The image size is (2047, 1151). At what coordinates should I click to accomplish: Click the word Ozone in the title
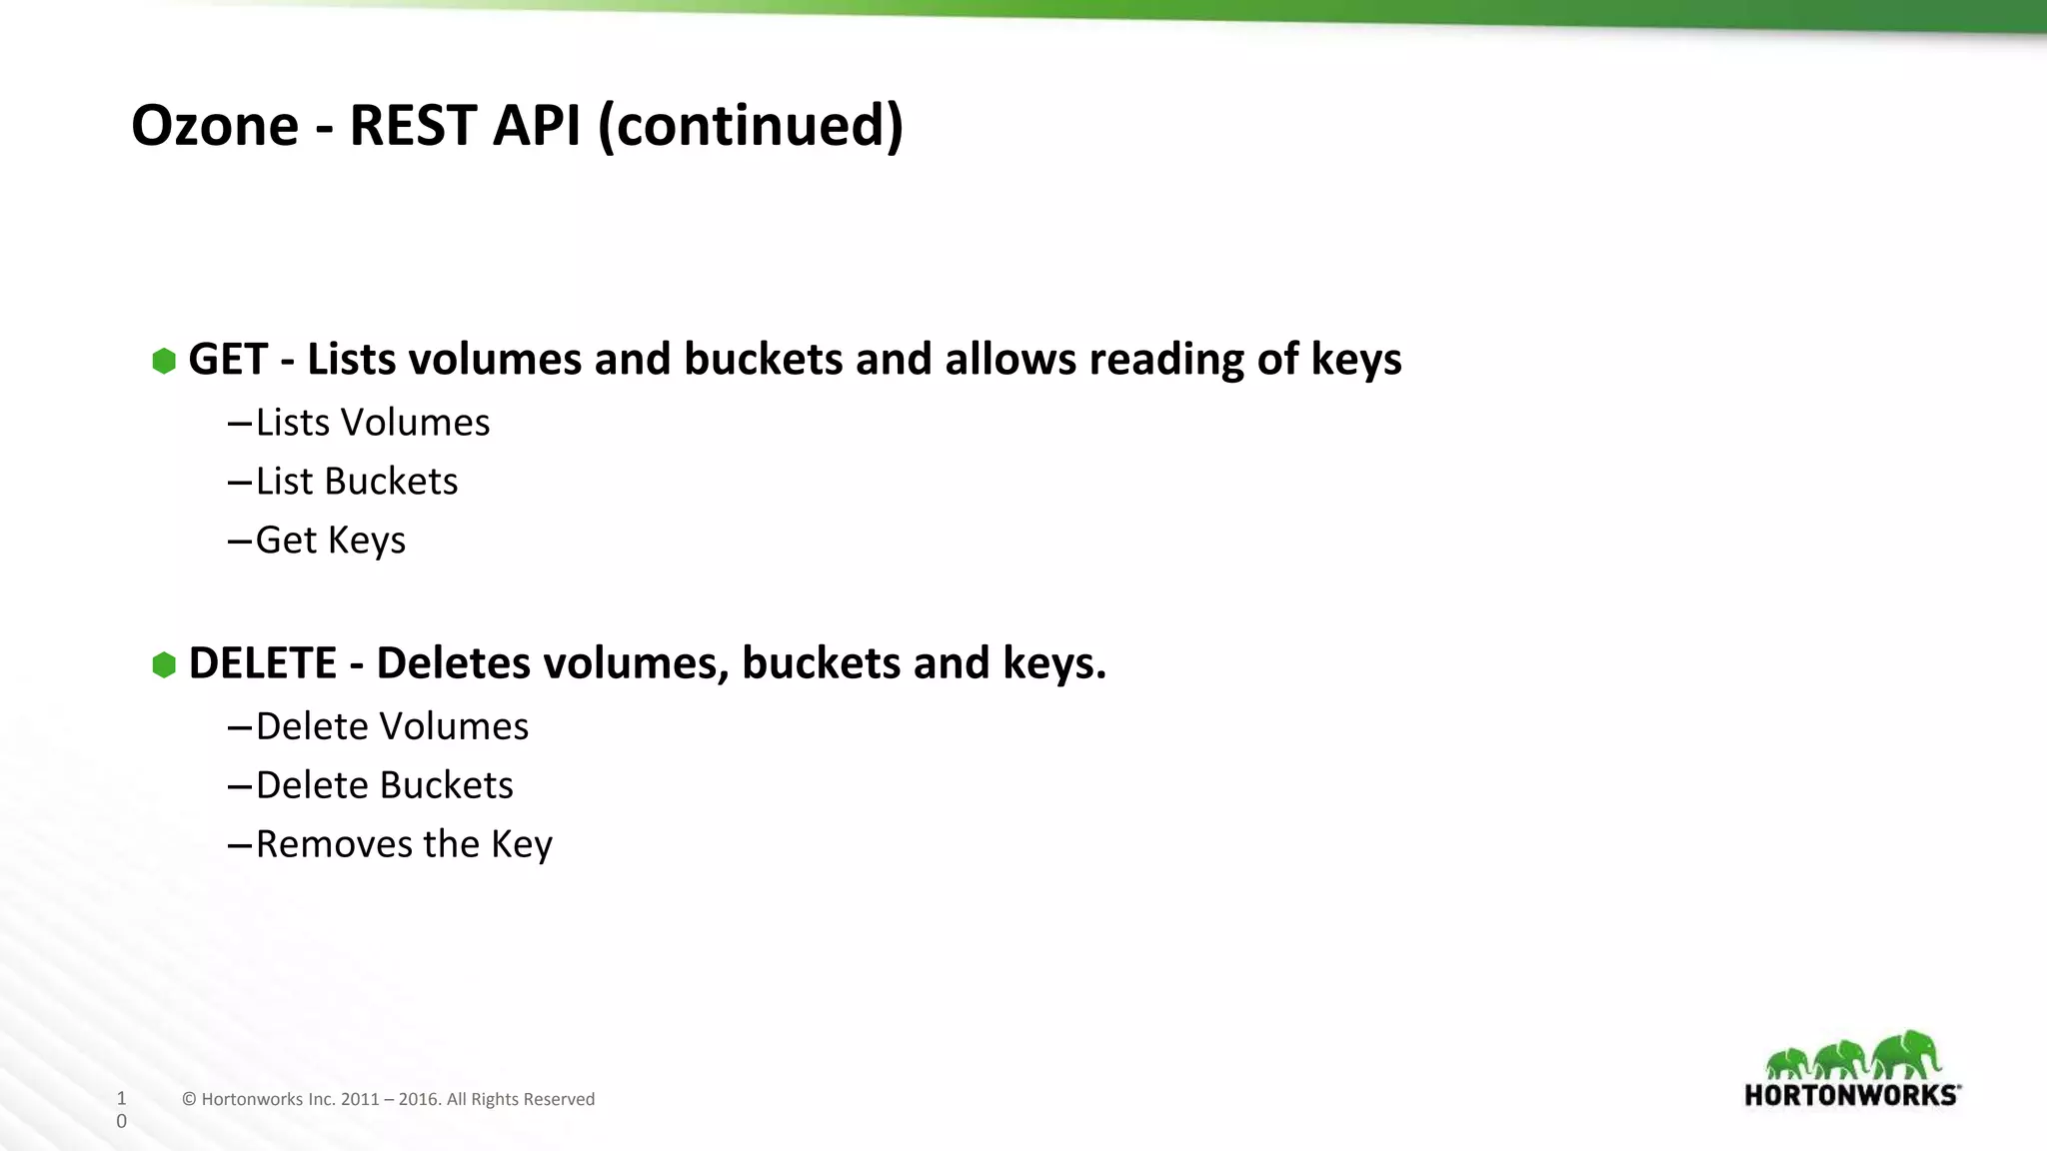point(215,126)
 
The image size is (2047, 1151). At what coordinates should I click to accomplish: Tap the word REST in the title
point(412,126)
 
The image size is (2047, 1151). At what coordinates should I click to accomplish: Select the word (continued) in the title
point(750,126)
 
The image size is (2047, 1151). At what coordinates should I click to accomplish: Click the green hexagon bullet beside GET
point(164,361)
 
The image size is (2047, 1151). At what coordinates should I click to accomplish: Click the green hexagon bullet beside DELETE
point(164,664)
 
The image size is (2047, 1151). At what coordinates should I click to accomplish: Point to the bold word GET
point(228,360)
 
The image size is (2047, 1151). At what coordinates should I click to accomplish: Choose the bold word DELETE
point(263,663)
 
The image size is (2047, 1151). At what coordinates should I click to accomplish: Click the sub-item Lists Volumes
point(372,423)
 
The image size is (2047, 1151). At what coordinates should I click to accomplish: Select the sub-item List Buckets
point(356,482)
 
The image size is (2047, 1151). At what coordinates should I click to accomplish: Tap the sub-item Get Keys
point(330,541)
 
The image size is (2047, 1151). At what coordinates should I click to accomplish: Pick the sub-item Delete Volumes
point(392,726)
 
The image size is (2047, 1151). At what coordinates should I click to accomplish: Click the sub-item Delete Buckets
point(384,785)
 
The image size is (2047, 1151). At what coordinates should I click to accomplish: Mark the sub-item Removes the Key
point(404,844)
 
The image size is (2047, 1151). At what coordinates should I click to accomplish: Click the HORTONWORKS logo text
point(1850,1095)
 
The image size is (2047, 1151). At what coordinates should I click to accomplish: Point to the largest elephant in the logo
point(1906,1055)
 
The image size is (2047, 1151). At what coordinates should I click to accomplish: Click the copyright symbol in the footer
point(189,1100)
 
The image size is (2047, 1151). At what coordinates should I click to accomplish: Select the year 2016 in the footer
point(419,1100)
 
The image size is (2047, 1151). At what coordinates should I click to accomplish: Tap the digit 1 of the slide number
point(122,1098)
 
